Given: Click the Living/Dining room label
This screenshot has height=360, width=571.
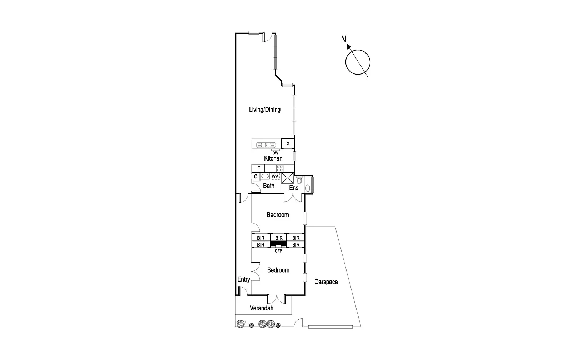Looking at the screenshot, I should tap(264, 110).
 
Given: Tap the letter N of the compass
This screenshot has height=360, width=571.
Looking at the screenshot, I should tap(343, 39).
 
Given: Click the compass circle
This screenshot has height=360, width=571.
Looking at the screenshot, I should tap(358, 62).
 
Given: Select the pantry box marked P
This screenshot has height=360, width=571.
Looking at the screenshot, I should tap(288, 144).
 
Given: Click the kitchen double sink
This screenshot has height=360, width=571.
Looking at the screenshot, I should tap(266, 145).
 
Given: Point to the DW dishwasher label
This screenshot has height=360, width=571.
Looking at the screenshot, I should tap(275, 153).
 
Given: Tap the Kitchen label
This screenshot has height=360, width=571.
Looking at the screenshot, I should tap(273, 158).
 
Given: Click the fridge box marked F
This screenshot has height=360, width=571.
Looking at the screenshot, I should tap(258, 168).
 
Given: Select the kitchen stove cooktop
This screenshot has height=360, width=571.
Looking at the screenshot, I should tap(279, 168).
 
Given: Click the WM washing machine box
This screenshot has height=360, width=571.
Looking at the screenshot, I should tap(275, 176).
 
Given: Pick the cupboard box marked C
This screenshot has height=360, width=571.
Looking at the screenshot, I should tap(256, 177).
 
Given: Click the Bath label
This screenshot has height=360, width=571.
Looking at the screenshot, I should tap(268, 186).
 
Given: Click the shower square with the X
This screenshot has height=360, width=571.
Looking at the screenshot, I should tap(287, 178).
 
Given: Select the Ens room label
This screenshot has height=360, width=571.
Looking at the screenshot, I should tap(294, 188).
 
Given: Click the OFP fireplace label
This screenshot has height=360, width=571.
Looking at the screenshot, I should tap(278, 251).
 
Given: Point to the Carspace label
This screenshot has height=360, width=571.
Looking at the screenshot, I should tap(326, 282).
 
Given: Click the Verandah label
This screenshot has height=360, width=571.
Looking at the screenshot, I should tap(261, 308).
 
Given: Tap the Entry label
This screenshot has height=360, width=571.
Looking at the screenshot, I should tap(243, 279).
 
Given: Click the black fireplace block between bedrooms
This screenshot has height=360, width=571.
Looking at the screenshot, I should tap(278, 244).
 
